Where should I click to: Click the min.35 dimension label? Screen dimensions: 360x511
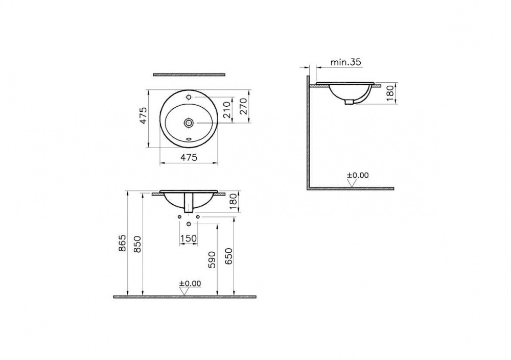346,62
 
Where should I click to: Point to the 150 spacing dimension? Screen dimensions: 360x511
189,238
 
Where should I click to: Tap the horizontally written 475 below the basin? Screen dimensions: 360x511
189,158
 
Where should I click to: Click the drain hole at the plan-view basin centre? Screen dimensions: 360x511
189,123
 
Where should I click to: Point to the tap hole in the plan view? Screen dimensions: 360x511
189,97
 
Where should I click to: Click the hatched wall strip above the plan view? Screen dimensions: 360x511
189,75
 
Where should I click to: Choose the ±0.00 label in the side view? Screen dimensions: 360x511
358,175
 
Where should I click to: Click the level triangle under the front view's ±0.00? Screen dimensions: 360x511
183,291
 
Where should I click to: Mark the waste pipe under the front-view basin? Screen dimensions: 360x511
189,204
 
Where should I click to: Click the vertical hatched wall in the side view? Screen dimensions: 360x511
308,133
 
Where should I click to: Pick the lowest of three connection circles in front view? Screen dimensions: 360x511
189,224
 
